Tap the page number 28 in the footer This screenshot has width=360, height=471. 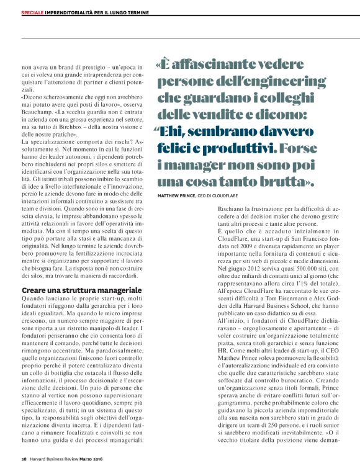coord(24,460)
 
